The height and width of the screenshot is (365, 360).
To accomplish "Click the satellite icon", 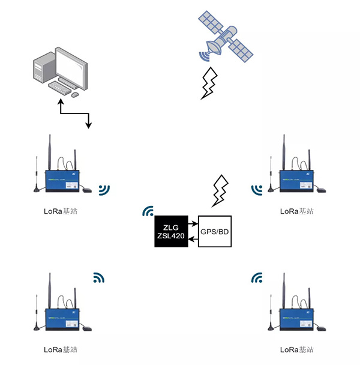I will click(x=227, y=38).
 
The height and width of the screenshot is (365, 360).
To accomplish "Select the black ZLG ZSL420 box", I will click(x=169, y=231).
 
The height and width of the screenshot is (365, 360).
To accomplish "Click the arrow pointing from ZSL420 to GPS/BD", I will click(x=193, y=224).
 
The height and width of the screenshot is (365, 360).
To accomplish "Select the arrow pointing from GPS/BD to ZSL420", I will click(x=193, y=240).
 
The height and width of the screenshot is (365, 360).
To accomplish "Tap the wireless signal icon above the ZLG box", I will click(x=148, y=211).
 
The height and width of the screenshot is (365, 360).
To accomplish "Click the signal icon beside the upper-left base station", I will click(x=104, y=190).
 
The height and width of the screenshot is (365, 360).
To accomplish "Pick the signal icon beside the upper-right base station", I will click(x=257, y=190).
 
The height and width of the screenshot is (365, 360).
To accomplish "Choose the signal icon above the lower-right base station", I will click(x=257, y=277).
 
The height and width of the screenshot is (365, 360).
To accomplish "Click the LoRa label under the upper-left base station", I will click(x=61, y=211).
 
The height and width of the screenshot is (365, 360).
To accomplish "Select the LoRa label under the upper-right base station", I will click(x=297, y=211).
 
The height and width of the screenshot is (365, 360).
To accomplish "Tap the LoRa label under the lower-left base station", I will click(x=61, y=350).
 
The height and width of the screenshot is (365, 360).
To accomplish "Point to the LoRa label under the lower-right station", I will click(x=297, y=350).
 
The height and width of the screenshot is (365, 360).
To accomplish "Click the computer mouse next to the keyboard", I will click(x=75, y=94).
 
